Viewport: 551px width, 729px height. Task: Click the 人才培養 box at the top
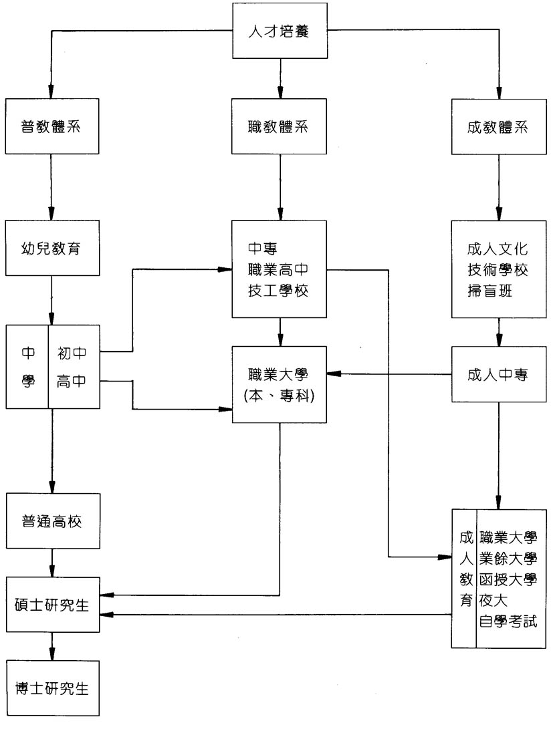pyautogui.click(x=280, y=31)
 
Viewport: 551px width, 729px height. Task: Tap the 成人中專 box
pyautogui.click(x=499, y=375)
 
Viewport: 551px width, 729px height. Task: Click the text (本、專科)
pyautogui.click(x=280, y=394)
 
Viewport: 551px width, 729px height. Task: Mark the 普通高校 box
pyautogui.click(x=52, y=521)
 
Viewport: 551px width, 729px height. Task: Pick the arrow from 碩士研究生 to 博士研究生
pyautogui.click(x=52, y=646)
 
